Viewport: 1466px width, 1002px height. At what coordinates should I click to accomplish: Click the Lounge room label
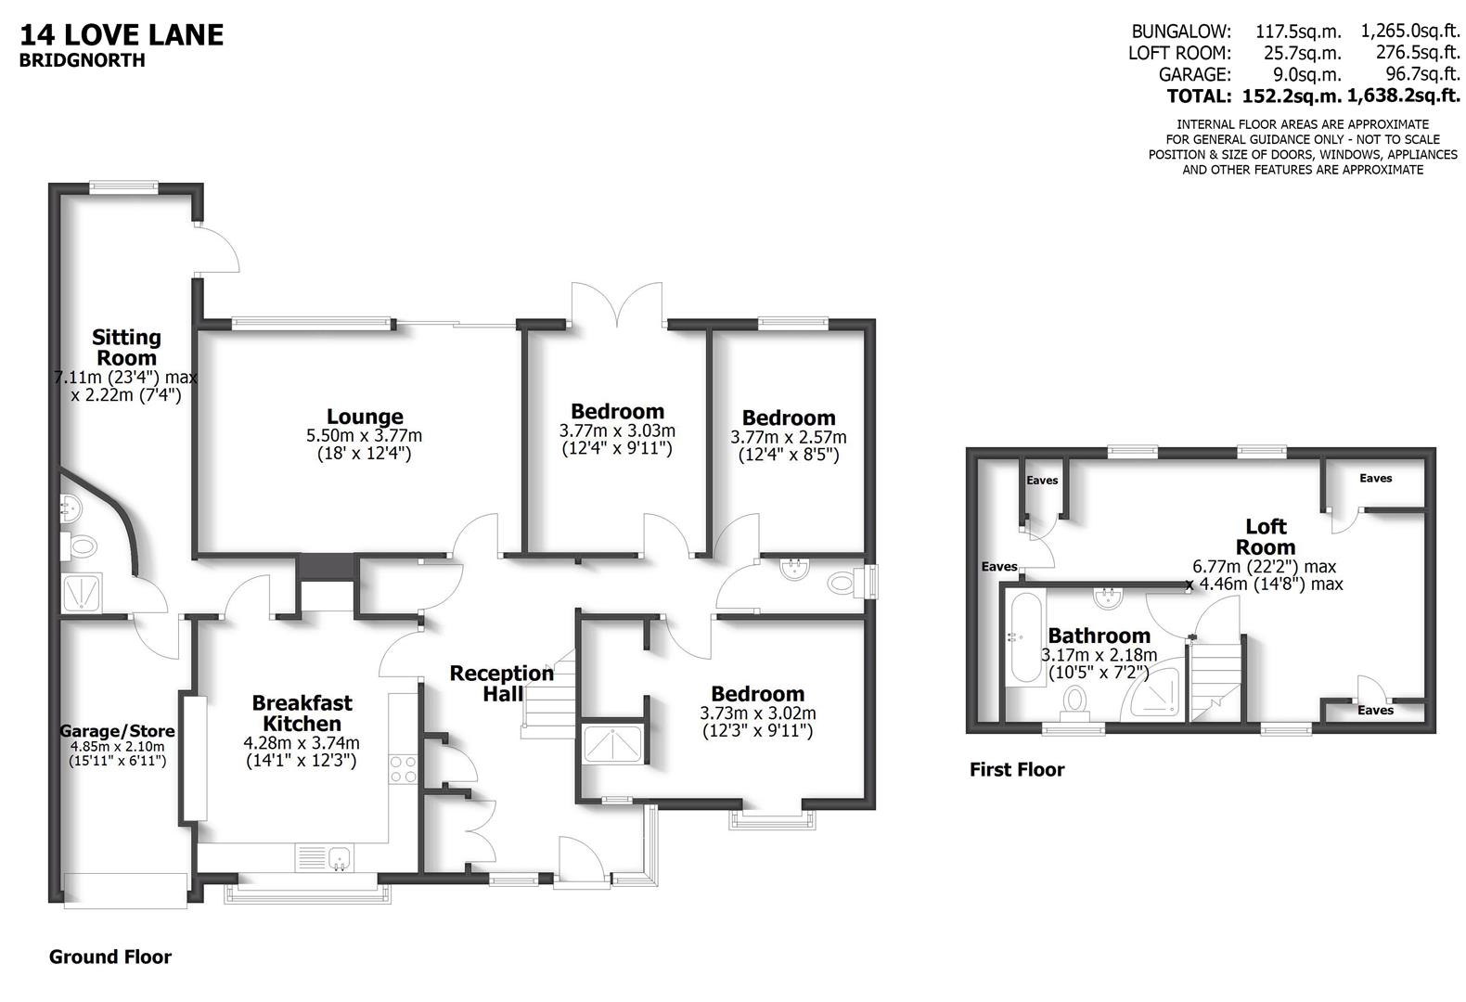point(365,417)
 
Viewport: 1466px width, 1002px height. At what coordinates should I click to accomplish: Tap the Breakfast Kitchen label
point(302,713)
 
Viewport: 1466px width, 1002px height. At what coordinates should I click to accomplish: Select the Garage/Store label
point(117,731)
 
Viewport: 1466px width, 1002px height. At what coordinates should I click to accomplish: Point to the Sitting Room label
point(126,347)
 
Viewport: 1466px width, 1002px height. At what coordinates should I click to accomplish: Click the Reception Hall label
point(501,683)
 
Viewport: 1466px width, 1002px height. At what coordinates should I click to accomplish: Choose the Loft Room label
point(1266,536)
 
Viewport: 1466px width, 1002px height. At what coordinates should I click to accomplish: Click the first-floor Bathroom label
point(1099,636)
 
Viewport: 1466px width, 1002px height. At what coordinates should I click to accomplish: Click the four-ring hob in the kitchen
point(404,769)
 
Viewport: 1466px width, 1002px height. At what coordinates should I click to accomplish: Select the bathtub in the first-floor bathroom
point(1023,638)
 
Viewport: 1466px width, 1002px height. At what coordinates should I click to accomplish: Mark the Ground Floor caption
point(110,957)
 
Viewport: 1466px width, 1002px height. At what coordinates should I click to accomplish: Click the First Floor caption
point(1017,769)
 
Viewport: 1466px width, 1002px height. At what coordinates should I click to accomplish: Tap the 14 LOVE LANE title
point(122,35)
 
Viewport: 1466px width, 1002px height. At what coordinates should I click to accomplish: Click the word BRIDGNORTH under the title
point(83,61)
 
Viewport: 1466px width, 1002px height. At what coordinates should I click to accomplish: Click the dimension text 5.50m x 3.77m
point(364,435)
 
